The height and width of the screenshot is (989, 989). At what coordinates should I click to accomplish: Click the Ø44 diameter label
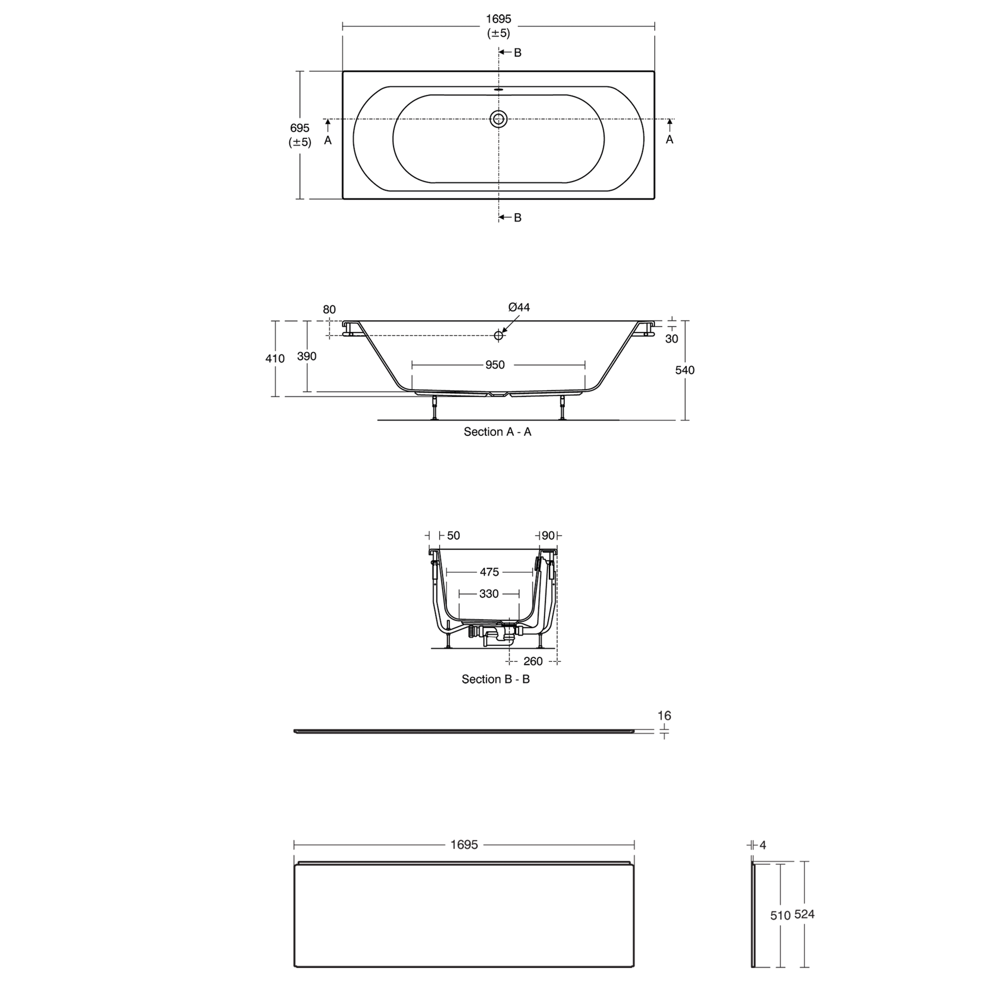coord(519,307)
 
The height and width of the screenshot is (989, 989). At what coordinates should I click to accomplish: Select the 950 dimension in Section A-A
coord(494,365)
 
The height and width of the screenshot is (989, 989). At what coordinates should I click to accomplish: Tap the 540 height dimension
coord(684,370)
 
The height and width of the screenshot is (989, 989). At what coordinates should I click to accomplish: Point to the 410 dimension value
coord(275,358)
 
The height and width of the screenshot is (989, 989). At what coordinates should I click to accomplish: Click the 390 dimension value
coord(307,356)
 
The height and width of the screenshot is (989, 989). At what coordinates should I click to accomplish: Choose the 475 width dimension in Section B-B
coord(489,572)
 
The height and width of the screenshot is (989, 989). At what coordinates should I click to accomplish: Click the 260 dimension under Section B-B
coord(532,661)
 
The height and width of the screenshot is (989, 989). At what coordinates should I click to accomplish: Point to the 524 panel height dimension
coord(804,914)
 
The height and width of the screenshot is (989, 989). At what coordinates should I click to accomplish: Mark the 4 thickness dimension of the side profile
coord(763,845)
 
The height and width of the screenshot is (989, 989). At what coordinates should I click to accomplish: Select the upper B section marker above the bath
coord(517,53)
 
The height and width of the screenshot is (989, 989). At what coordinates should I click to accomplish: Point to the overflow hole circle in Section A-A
coord(498,335)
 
